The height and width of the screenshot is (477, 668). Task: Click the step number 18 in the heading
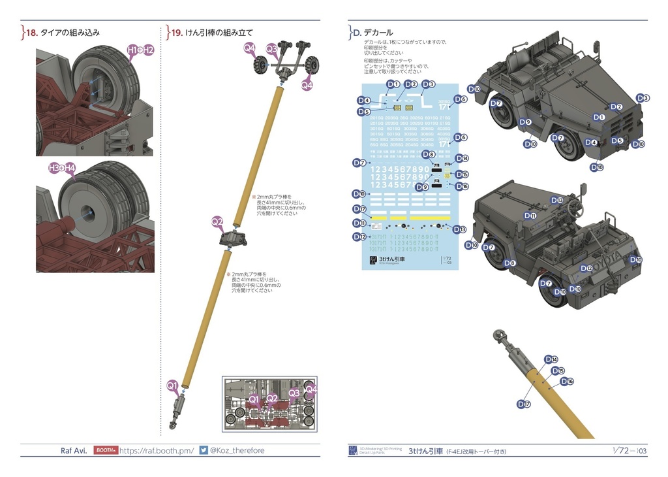point(31,32)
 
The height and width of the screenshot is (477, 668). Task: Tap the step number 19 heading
point(175,32)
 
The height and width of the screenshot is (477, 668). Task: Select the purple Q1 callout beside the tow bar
point(172,386)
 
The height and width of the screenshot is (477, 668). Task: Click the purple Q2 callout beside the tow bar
point(217,222)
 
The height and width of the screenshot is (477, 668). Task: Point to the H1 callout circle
point(132,50)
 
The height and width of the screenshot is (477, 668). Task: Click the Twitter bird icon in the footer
point(204,450)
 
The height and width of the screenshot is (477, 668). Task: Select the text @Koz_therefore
point(237,450)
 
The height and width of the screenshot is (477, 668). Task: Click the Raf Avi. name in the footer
point(74,450)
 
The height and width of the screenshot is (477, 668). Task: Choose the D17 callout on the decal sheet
point(358,209)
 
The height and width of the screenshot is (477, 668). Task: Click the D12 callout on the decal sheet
point(358,237)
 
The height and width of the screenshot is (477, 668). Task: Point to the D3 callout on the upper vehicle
point(643,98)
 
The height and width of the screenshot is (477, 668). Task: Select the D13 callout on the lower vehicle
point(556,200)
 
